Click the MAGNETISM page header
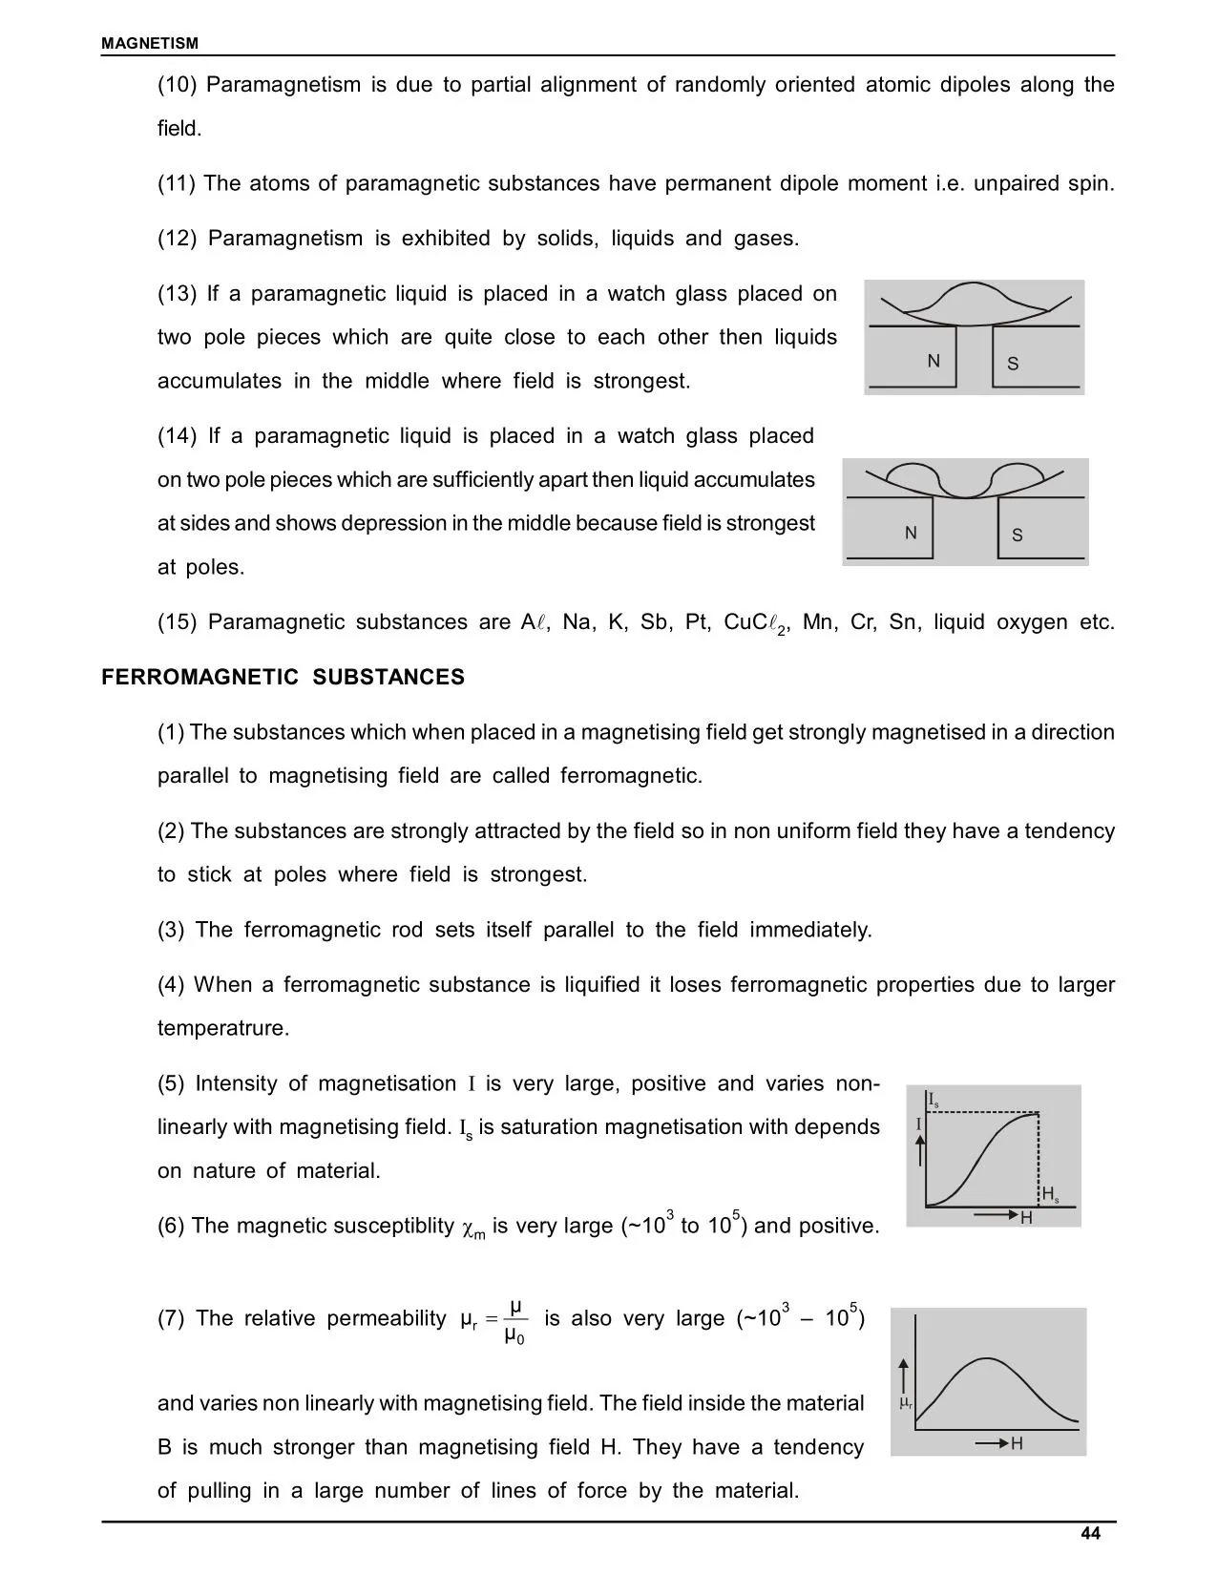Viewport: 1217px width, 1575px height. (x=150, y=43)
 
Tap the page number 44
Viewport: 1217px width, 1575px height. (x=1090, y=1533)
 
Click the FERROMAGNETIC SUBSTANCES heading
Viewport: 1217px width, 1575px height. (x=283, y=677)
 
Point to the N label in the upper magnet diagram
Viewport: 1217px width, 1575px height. (x=934, y=361)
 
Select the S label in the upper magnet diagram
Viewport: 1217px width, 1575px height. (x=1013, y=364)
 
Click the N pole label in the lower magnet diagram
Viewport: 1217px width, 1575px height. (x=911, y=533)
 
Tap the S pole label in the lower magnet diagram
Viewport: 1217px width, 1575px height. (x=1017, y=535)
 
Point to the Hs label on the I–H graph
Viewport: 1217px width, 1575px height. (x=1050, y=1194)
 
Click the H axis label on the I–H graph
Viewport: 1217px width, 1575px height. (x=1027, y=1218)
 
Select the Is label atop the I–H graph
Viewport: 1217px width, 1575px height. (x=934, y=1100)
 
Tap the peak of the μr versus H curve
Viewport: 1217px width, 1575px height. (x=988, y=1358)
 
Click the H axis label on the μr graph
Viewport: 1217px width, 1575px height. (x=1017, y=1443)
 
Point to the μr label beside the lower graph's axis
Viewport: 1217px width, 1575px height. (x=906, y=1404)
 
